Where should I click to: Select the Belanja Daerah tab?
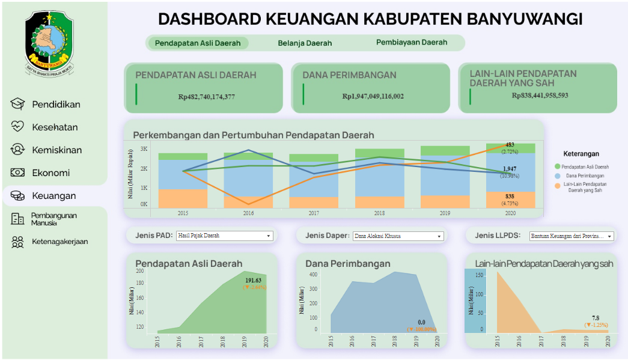tap(305, 43)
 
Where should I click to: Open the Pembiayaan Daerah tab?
tap(412, 43)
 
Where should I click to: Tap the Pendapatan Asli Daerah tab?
tap(198, 43)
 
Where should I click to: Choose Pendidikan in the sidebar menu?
tap(56, 105)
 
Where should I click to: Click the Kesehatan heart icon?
tap(17, 127)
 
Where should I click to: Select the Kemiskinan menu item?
tap(56, 150)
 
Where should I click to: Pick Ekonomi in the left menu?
tap(50, 173)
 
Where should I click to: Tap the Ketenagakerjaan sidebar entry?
tap(59, 242)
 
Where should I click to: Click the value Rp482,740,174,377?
tap(206, 96)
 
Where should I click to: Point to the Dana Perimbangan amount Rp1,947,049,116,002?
tap(373, 96)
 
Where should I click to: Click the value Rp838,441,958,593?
tap(540, 95)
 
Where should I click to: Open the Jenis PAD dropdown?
tap(224, 236)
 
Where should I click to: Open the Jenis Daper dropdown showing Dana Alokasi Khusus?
tap(398, 236)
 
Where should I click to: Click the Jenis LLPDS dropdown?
tap(572, 236)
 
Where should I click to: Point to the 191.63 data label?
tap(254, 281)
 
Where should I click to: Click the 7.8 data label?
tap(595, 319)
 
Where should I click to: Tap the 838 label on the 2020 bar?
tap(509, 197)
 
